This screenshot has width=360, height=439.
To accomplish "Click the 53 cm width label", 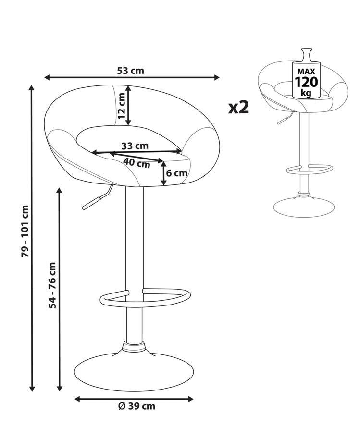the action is [x=130, y=71].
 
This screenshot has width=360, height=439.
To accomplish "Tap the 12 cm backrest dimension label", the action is [x=121, y=106].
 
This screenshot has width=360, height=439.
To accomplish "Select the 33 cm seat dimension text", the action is [x=135, y=146].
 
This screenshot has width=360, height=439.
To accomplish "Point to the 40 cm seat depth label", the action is [x=137, y=163].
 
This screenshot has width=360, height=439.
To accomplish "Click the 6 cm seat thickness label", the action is [x=177, y=173].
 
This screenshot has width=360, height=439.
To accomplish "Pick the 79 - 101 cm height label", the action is [x=25, y=231].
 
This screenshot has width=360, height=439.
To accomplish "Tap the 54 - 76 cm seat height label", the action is [x=52, y=285].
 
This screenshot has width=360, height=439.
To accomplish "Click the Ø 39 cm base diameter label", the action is [x=137, y=406].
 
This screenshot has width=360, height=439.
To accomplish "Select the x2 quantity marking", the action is [x=238, y=107].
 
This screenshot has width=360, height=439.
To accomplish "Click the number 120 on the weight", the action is [x=307, y=82].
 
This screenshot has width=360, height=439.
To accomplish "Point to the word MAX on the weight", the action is [x=306, y=72].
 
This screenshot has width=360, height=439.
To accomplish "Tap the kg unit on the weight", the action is [x=306, y=92].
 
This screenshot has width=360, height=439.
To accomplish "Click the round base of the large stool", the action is [x=134, y=372].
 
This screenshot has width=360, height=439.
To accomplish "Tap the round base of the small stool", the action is [x=304, y=207].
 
